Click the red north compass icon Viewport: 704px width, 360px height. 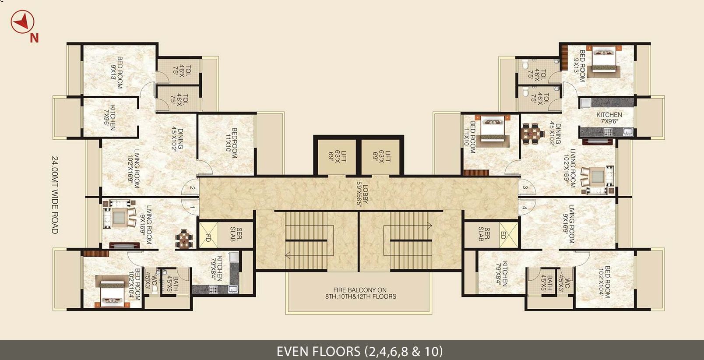click(22, 22)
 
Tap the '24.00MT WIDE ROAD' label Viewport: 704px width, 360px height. click(55, 194)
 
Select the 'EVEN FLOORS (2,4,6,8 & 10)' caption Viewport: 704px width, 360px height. click(359, 351)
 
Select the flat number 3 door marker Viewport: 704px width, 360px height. click(525, 188)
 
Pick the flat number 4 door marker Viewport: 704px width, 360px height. click(524, 208)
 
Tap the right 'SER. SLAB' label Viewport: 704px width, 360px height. click(484, 234)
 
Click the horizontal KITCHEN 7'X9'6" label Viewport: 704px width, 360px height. click(609, 118)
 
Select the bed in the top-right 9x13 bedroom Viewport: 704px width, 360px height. click(604, 61)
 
